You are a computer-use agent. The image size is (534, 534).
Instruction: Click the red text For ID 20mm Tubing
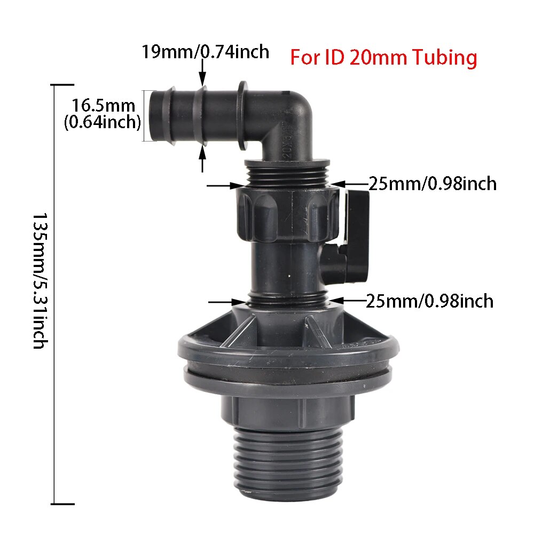(x=383, y=57)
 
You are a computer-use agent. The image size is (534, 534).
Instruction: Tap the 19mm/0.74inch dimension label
(x=205, y=52)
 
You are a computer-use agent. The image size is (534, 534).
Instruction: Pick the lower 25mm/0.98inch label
(x=429, y=301)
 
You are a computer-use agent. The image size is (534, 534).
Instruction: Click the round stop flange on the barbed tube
(x=241, y=115)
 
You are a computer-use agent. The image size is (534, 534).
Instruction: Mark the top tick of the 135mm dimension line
(x=62, y=85)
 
